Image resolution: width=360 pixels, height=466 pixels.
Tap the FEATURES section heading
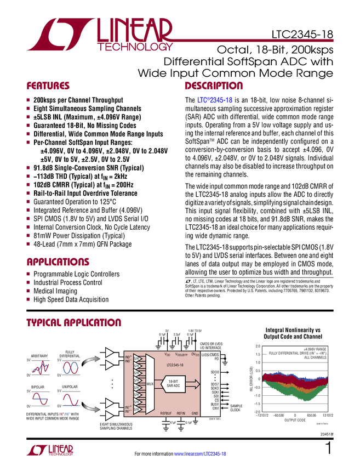tap(48, 86)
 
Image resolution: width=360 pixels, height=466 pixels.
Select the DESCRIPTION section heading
tap(214, 86)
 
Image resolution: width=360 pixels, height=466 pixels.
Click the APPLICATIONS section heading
tap(58, 263)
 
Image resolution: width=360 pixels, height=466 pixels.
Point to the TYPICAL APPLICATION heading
tap(74, 322)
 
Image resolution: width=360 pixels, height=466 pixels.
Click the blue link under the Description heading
tap(215, 100)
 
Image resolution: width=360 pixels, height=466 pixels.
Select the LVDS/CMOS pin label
tap(210, 354)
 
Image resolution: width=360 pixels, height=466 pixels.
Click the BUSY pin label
tap(214, 404)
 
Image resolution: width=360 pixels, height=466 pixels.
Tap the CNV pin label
tap(215, 408)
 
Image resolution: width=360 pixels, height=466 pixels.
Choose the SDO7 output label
tap(214, 384)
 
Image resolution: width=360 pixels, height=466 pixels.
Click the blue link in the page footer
tap(200, 453)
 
